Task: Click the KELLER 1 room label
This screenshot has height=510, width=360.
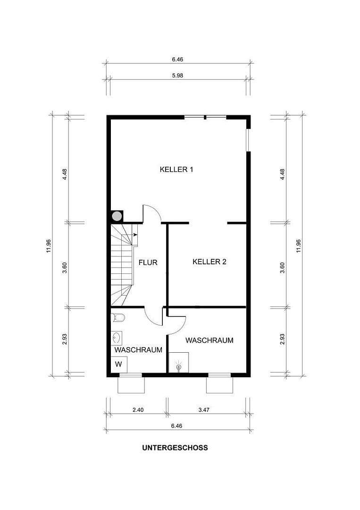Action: [x=177, y=170]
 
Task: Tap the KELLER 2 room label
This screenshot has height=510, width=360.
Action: [x=209, y=262]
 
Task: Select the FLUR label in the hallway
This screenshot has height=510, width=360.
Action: [x=148, y=263]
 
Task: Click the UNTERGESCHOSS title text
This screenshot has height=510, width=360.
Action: [x=175, y=448]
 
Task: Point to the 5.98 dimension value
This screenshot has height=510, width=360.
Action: [x=177, y=75]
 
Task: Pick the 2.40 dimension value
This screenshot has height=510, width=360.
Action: [x=138, y=410]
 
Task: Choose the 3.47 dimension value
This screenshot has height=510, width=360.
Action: [x=204, y=410]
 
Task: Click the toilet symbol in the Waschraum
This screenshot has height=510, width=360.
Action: [x=118, y=317]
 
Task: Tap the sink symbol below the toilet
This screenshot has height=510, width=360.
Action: [x=117, y=338]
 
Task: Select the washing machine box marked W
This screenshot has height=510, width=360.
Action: [x=118, y=364]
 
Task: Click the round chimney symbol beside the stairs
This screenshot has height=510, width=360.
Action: [x=117, y=216]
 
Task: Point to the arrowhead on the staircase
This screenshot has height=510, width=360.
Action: [x=135, y=234]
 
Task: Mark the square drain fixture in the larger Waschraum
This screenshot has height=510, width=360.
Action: [x=179, y=363]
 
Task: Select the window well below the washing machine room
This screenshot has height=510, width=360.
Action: [x=130, y=384]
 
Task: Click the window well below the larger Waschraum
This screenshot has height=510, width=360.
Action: [x=219, y=384]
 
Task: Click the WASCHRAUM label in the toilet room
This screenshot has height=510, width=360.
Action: [x=138, y=350]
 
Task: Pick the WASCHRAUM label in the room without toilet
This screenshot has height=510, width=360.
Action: [x=209, y=340]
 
